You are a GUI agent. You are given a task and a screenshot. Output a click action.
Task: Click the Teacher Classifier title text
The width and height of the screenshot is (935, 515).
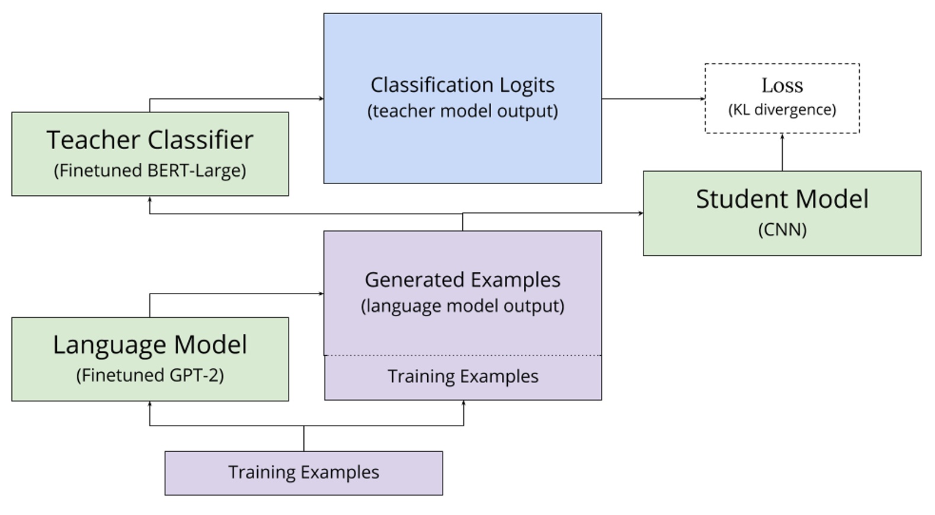click(150, 140)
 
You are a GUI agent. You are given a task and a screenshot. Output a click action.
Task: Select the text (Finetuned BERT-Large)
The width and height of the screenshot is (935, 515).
click(150, 170)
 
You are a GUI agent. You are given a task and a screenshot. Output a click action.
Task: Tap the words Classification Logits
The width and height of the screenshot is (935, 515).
click(462, 85)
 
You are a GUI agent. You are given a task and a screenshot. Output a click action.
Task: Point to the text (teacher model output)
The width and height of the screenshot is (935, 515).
click(462, 111)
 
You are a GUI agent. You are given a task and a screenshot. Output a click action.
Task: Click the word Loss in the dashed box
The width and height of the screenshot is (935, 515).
click(782, 86)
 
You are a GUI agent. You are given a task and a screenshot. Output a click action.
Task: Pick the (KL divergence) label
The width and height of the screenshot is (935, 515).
click(782, 110)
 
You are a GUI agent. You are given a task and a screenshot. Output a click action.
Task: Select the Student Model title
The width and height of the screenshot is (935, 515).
click(782, 199)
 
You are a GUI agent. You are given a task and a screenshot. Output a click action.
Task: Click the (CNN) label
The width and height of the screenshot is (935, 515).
click(782, 230)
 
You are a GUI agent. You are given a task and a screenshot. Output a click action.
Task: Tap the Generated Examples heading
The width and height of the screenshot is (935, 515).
click(462, 279)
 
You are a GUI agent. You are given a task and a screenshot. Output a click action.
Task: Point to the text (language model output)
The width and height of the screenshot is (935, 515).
click(462, 306)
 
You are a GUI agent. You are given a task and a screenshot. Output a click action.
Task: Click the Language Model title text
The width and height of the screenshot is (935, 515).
click(150, 345)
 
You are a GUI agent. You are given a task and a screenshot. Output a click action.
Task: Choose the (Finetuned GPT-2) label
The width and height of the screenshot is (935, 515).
click(150, 375)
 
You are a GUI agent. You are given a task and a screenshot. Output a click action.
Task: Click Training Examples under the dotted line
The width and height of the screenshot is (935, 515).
click(463, 376)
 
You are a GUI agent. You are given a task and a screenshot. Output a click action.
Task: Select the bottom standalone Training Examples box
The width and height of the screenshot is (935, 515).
click(303, 472)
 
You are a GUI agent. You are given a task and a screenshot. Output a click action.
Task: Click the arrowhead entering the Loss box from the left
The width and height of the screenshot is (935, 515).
click(702, 99)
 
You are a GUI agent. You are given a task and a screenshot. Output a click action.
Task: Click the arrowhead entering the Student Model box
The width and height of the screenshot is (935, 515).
click(641, 213)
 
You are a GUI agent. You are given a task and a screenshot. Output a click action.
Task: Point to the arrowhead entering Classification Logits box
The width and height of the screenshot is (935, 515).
click(321, 99)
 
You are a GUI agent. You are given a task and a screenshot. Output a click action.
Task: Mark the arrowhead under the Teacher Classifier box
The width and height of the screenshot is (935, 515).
click(150, 199)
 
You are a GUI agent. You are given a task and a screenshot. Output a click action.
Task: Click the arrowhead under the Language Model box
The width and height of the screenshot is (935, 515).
click(150, 404)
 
